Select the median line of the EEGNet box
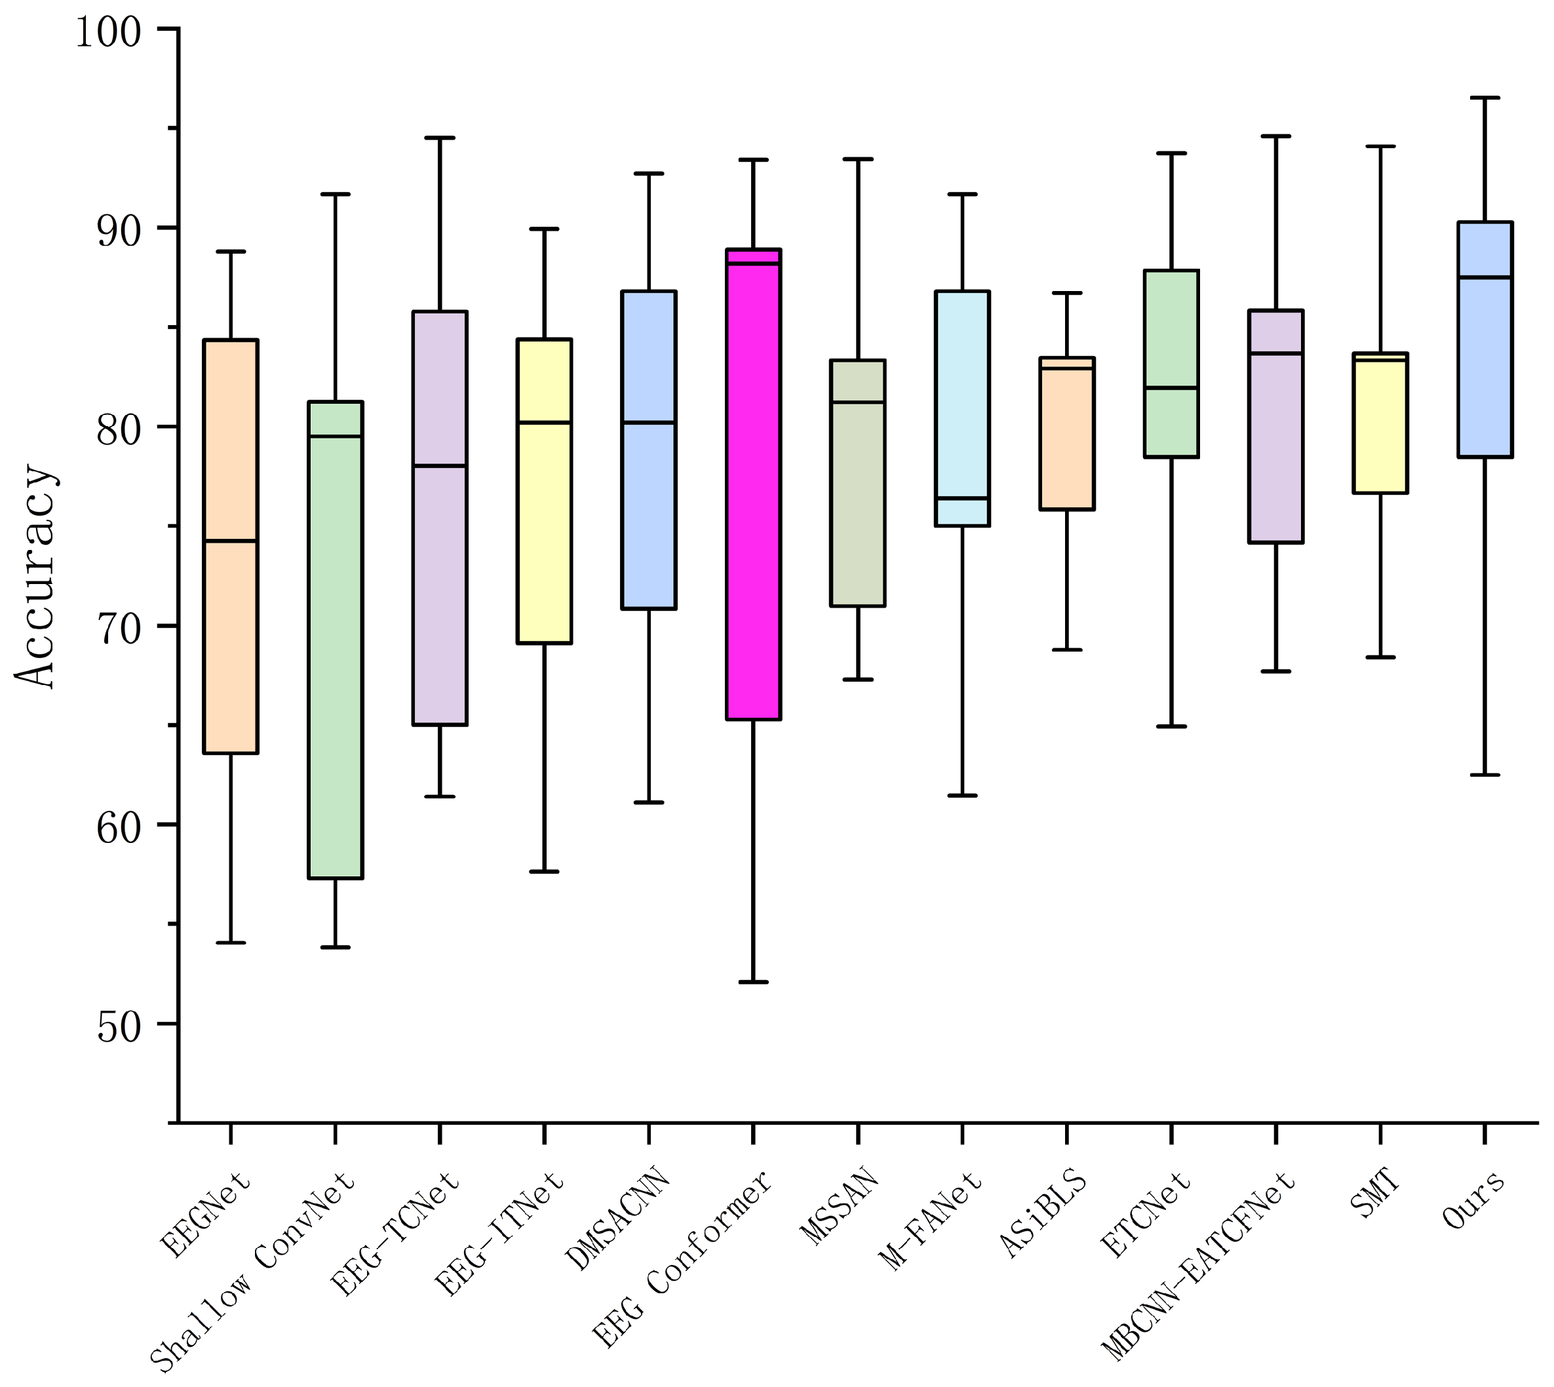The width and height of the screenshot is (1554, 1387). coord(231,540)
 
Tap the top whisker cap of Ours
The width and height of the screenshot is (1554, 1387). coord(1484,98)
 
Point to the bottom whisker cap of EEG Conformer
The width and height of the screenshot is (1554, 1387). coord(753,981)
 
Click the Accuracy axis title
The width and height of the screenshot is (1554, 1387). coord(36,577)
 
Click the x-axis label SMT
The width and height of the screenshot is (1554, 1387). coord(1376,1194)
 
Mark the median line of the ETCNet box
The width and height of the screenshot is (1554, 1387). coord(1171,387)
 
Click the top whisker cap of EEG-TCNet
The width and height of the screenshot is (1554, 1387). coord(440,138)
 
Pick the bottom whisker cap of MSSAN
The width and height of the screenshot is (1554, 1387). coord(858,678)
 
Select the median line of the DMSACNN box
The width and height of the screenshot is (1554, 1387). coord(649,422)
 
